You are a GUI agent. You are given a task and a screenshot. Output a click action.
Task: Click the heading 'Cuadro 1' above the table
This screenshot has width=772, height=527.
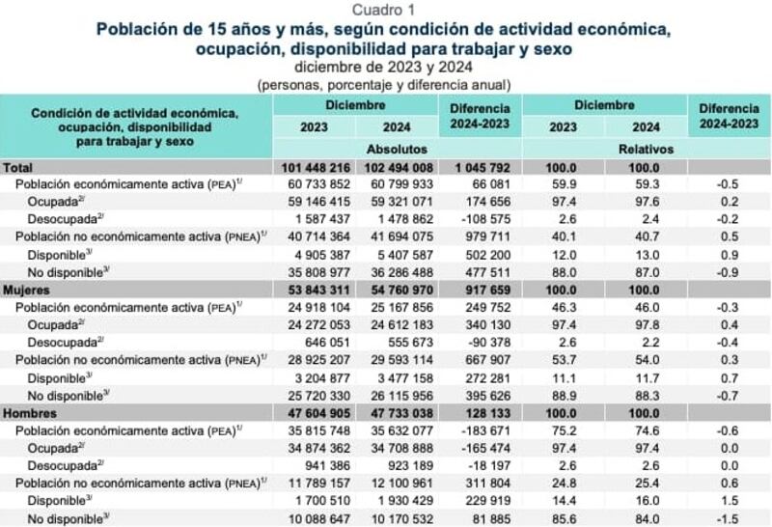[385, 10]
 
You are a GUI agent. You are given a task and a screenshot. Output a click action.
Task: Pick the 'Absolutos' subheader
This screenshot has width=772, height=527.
[397, 150]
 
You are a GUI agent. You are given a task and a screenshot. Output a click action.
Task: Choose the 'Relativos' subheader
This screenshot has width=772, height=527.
[646, 150]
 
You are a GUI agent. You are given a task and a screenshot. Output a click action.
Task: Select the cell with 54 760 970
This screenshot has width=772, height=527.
[397, 289]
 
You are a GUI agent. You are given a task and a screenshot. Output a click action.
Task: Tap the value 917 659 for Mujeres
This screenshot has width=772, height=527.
[481, 289]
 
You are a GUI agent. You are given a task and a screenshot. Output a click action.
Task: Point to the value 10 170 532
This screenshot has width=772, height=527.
[397, 517]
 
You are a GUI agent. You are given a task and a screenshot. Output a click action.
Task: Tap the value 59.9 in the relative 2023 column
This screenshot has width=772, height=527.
[563, 185]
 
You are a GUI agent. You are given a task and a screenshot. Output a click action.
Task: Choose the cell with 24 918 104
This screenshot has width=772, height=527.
[315, 306]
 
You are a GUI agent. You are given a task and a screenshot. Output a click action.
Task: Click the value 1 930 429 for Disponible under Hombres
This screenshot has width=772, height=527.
[397, 500]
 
